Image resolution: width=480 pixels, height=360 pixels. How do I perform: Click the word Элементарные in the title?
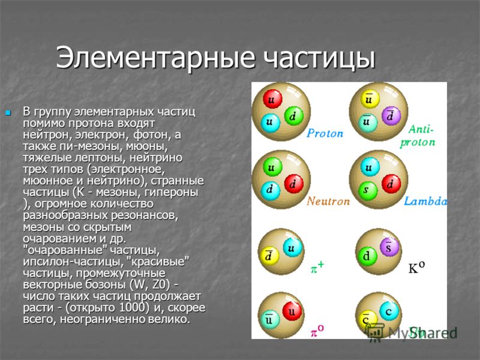coord(155,58)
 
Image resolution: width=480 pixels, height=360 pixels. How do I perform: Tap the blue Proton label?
coord(325,133)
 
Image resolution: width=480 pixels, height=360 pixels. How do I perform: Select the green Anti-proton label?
coord(418,136)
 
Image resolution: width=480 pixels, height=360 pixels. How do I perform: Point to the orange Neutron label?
coord(328,201)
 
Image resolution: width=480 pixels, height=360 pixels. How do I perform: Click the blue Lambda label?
coord(425,201)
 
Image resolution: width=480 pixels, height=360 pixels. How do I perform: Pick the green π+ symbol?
coord(317,268)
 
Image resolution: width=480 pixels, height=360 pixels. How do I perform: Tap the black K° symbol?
coord(416,268)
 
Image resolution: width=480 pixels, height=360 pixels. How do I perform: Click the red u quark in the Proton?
coord(272,99)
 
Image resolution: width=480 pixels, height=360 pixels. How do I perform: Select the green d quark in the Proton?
coord(293,116)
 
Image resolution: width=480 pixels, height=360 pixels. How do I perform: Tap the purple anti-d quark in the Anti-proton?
coord(391,116)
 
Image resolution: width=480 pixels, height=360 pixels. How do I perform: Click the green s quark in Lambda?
coord(367,190)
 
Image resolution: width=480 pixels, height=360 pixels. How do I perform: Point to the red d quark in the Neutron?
coord(293,184)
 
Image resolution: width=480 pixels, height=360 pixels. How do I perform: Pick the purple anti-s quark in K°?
coord(389,247)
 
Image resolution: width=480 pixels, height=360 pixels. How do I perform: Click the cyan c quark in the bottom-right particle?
coord(389,311)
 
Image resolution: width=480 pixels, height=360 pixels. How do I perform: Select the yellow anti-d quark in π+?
coord(269,256)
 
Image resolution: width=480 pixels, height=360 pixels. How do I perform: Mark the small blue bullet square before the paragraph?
coord(8,113)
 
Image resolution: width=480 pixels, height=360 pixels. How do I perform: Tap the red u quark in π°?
coord(292,311)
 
